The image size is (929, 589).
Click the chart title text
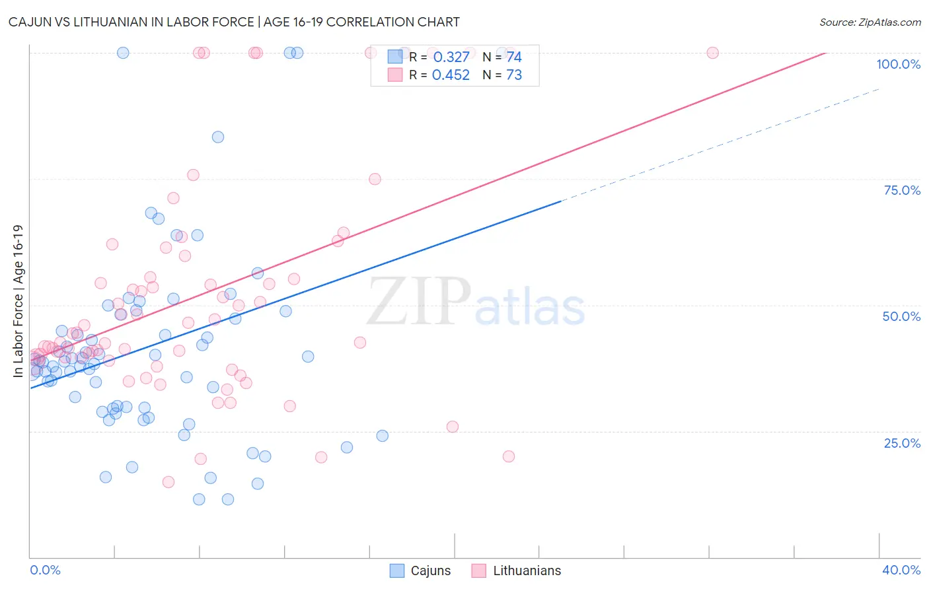click(x=234, y=22)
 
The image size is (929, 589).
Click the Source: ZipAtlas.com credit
click(x=870, y=22)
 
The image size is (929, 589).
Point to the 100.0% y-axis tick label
click(x=898, y=64)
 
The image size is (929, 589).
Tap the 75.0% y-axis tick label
click(x=902, y=190)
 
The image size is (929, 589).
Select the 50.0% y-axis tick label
click(x=901, y=316)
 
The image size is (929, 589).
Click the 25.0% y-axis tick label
click(x=902, y=443)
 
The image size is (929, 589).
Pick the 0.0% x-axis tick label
click(x=45, y=570)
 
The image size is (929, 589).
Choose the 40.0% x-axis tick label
click(x=901, y=570)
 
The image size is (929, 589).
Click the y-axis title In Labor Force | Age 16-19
click(x=19, y=301)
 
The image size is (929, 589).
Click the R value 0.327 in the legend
click(x=451, y=57)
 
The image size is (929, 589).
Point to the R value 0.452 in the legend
click(x=451, y=75)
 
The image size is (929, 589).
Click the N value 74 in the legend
click(x=514, y=57)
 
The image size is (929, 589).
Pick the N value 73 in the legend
click(x=514, y=75)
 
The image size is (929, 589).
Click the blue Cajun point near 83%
click(x=218, y=137)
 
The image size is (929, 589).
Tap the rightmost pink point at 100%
click(x=712, y=53)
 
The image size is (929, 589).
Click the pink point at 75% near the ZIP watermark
click(x=375, y=179)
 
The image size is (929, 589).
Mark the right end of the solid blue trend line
click(x=561, y=201)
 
